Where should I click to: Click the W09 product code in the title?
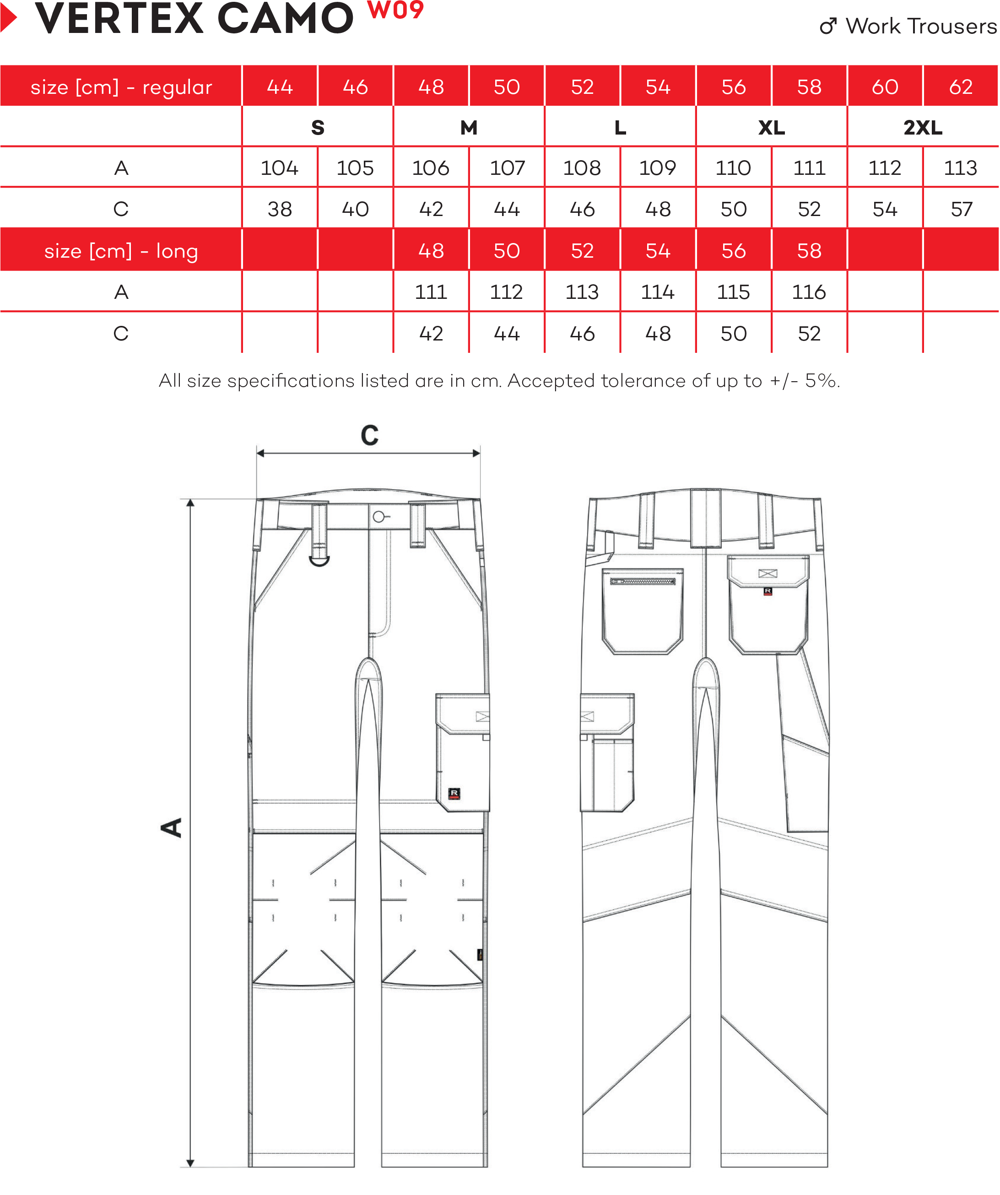click(395, 10)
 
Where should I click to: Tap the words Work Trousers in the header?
click(921, 26)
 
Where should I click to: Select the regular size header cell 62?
click(960, 87)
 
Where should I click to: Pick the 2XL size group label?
click(922, 128)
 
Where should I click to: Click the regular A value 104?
click(280, 168)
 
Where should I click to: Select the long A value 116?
click(809, 292)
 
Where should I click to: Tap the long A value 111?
click(431, 292)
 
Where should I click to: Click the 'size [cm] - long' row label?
click(121, 251)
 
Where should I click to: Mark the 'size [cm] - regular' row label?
click(121, 87)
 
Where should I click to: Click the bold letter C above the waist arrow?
click(369, 436)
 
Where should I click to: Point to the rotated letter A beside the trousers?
click(171, 827)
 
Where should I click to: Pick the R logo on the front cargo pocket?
click(454, 793)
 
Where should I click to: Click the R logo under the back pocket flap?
click(768, 591)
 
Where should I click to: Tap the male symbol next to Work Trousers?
click(828, 26)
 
